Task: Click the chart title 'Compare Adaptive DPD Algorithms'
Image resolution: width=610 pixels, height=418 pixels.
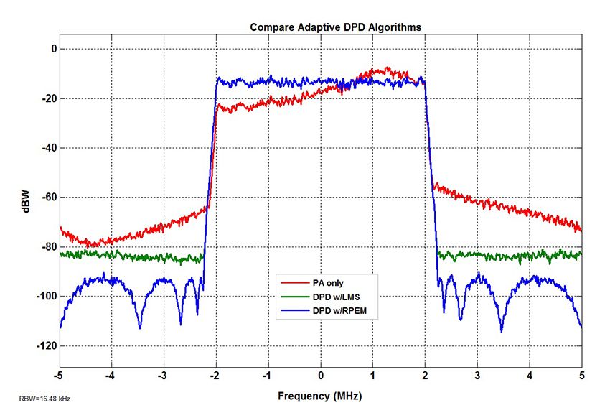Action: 335,27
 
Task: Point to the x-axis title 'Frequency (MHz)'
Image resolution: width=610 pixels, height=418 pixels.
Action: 320,396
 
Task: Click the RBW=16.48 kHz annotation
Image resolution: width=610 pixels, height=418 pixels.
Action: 44,397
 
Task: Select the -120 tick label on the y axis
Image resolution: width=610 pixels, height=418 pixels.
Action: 45,346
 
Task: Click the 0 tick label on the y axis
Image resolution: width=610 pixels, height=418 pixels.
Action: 51,49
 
